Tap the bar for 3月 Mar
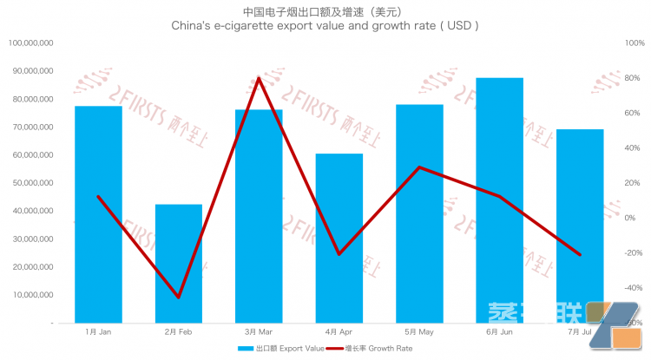[x=259, y=216]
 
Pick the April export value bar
[x=339, y=238]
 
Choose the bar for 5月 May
[x=419, y=213]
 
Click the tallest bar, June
[x=499, y=200]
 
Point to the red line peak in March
[x=259, y=78]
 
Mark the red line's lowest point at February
[x=179, y=298]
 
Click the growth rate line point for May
[x=419, y=167]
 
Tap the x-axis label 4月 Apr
[x=339, y=331]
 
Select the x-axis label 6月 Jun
[x=499, y=331]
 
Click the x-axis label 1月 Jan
[x=98, y=331]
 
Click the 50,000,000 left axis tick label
[x=31, y=183]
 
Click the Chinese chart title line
[x=325, y=12]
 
